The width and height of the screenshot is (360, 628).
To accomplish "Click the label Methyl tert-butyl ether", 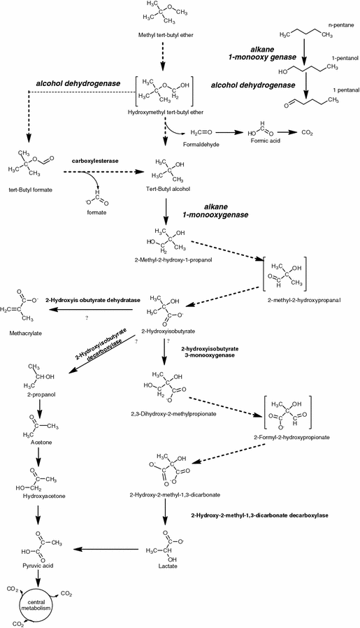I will pyautogui.click(x=161, y=34).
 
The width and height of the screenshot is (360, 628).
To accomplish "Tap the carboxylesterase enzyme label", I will pyautogui.click(x=94, y=160).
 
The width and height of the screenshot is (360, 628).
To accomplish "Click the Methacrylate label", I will pyautogui.click(x=26, y=334).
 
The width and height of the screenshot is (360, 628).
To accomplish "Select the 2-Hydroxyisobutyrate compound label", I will pyautogui.click(x=165, y=330).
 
